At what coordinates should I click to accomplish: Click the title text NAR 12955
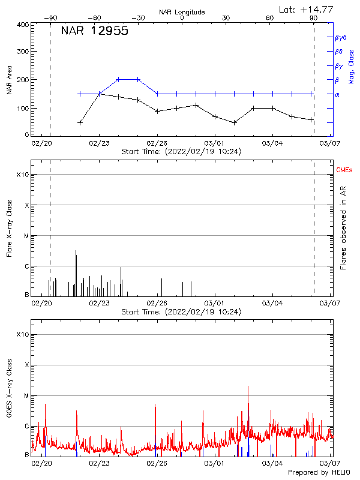[95, 32]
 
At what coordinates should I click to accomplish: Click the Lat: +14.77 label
[314, 9]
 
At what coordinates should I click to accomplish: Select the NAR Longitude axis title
[182, 12]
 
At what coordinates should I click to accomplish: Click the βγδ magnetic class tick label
[341, 37]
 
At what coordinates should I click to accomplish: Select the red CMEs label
[344, 171]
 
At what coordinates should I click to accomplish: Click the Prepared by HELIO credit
[320, 473]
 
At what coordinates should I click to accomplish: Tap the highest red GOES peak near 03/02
[248, 388]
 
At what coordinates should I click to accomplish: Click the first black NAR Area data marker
[80, 122]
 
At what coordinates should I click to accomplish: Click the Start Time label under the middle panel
[181, 312]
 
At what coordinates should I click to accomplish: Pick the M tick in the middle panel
[26, 236]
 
